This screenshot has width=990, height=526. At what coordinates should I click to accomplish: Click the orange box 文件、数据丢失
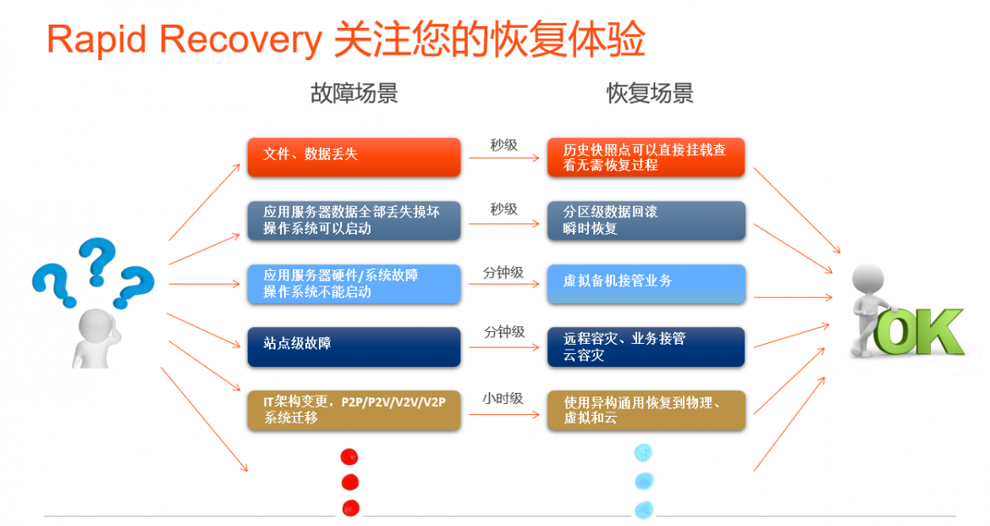(x=354, y=157)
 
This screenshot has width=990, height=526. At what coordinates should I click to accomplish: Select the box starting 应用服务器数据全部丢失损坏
(x=354, y=220)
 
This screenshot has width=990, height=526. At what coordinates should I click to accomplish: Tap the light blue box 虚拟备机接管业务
(x=646, y=283)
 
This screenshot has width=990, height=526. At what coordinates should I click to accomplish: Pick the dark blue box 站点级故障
(x=354, y=346)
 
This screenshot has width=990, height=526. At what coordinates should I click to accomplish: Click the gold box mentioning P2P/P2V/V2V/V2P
(x=354, y=410)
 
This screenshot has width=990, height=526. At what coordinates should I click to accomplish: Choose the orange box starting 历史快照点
(x=646, y=157)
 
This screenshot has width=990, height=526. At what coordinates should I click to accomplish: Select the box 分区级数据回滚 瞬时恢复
(x=646, y=220)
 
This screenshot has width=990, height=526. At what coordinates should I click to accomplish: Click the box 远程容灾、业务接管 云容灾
(x=646, y=346)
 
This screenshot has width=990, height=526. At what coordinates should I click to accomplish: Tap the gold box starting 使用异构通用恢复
(x=646, y=410)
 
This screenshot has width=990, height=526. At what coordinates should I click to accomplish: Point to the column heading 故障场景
(x=355, y=93)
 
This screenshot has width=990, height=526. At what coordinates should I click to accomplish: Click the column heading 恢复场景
(x=650, y=93)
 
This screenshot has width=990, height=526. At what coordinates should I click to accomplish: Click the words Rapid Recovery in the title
(x=184, y=40)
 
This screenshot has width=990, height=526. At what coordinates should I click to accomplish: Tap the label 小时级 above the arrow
(x=503, y=398)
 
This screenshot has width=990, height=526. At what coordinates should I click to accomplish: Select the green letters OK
(x=920, y=332)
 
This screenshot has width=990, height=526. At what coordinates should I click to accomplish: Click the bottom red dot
(x=350, y=507)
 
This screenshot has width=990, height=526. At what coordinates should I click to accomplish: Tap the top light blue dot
(x=643, y=452)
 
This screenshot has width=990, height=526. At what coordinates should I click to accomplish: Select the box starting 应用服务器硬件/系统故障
(x=354, y=283)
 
